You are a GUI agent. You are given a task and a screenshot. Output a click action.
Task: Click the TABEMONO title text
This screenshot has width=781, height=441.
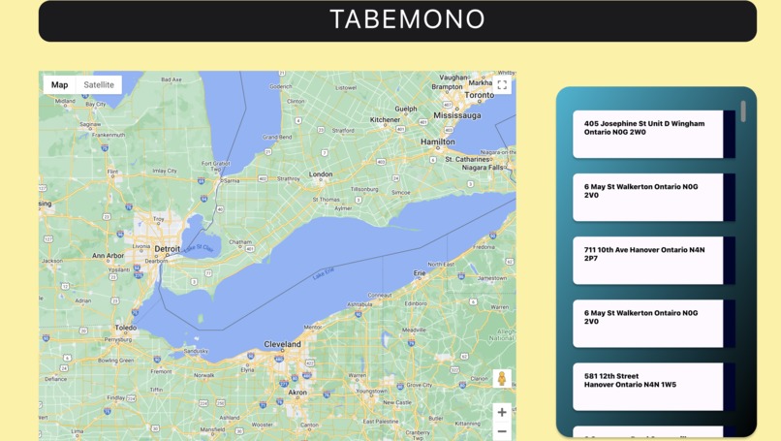(x=407, y=19)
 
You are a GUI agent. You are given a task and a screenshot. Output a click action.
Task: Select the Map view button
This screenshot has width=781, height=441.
(x=59, y=85)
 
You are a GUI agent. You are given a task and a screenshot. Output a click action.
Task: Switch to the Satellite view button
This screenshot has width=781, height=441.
(x=99, y=85)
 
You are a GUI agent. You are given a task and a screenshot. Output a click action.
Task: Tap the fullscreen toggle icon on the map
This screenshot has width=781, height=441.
(x=502, y=85)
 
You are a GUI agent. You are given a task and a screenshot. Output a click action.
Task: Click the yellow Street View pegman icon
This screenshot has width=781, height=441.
(x=502, y=379)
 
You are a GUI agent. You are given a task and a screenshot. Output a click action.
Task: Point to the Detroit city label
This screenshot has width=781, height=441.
(x=168, y=249)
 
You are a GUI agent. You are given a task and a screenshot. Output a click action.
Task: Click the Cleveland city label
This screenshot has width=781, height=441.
(x=283, y=344)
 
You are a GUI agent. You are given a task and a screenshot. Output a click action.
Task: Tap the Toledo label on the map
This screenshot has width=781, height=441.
(x=126, y=328)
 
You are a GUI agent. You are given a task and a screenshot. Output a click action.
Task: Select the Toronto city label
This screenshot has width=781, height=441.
(x=479, y=95)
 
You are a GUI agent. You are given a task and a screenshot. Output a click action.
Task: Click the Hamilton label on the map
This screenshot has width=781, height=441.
(x=437, y=142)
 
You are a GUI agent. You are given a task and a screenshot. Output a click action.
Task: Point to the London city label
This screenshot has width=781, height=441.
(x=321, y=174)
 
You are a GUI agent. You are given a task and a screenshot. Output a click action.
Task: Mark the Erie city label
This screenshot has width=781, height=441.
(x=420, y=273)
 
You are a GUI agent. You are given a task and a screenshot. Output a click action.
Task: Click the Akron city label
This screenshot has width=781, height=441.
(x=298, y=393)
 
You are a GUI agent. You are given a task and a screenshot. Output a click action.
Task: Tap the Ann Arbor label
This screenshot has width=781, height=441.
(x=108, y=256)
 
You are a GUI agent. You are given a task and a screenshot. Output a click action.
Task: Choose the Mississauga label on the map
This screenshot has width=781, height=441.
(x=457, y=115)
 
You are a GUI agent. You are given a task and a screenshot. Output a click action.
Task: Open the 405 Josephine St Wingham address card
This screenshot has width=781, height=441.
(x=648, y=134)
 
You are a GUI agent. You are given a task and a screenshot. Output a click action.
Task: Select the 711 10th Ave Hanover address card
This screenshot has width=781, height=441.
(x=648, y=260)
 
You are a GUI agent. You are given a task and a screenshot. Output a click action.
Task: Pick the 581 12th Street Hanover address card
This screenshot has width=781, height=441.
(x=648, y=386)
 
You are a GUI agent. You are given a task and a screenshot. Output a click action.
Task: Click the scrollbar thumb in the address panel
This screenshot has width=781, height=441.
(x=743, y=111)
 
